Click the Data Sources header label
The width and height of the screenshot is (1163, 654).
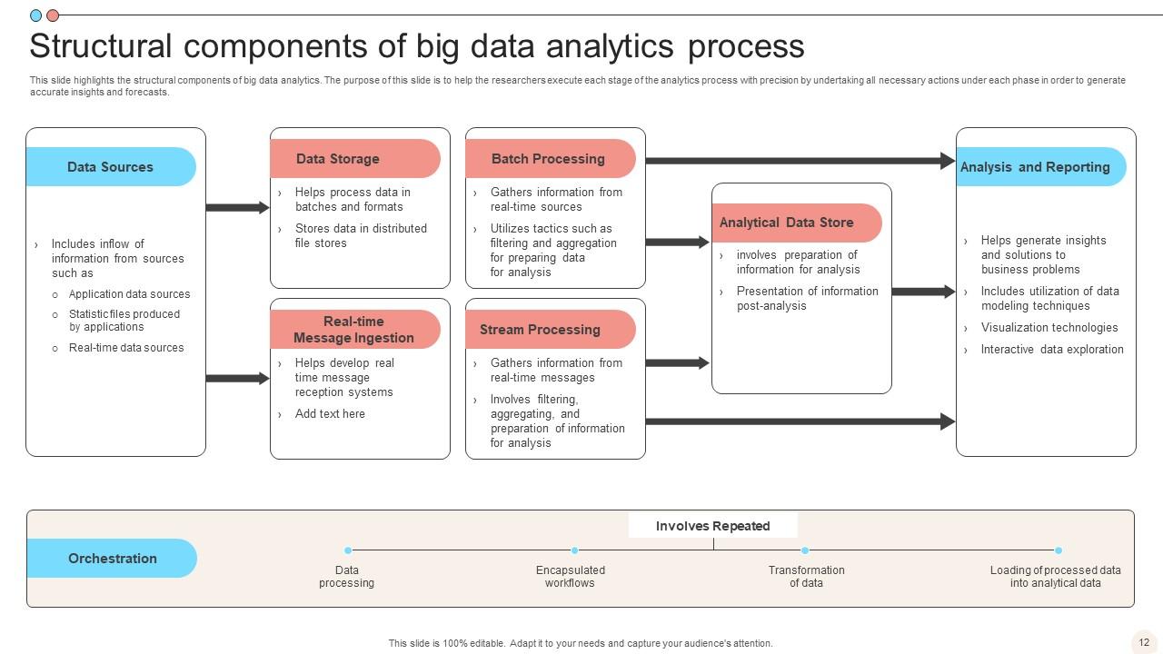pos(110,167)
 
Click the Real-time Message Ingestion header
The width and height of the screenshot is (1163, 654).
pos(354,330)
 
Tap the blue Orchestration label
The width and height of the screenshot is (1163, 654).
pos(112,559)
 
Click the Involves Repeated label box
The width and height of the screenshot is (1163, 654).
pos(712,526)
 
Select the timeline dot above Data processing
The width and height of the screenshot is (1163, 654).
pos(348,550)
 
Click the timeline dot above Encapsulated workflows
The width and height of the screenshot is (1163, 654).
pos(574,550)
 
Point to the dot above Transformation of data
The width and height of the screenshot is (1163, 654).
pos(805,550)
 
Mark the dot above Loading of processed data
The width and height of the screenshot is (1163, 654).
pos(1059,550)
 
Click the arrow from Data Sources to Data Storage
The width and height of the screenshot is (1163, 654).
pos(237,208)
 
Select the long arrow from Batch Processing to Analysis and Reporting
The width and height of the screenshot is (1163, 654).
pos(800,161)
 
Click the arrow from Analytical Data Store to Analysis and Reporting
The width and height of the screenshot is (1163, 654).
pos(923,292)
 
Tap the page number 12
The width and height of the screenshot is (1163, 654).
pos(1144,641)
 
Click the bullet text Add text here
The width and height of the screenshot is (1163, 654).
pos(330,414)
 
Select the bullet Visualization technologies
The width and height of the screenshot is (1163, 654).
pos(1049,328)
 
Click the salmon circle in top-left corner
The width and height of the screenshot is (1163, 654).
pos(53,15)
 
